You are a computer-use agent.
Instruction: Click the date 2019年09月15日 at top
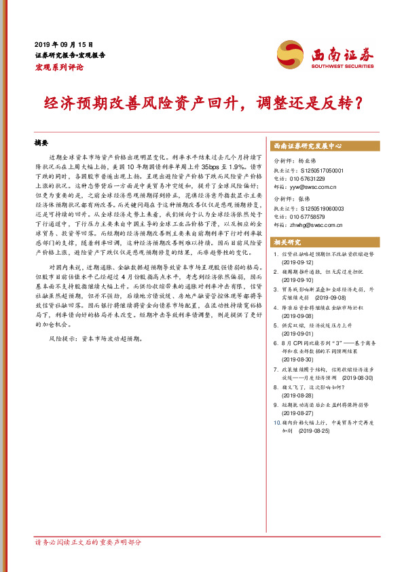pos(64,43)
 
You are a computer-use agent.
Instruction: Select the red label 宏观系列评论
pos(59,68)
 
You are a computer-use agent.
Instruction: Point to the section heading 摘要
pos(42,145)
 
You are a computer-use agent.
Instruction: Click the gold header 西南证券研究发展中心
pos(307,146)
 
